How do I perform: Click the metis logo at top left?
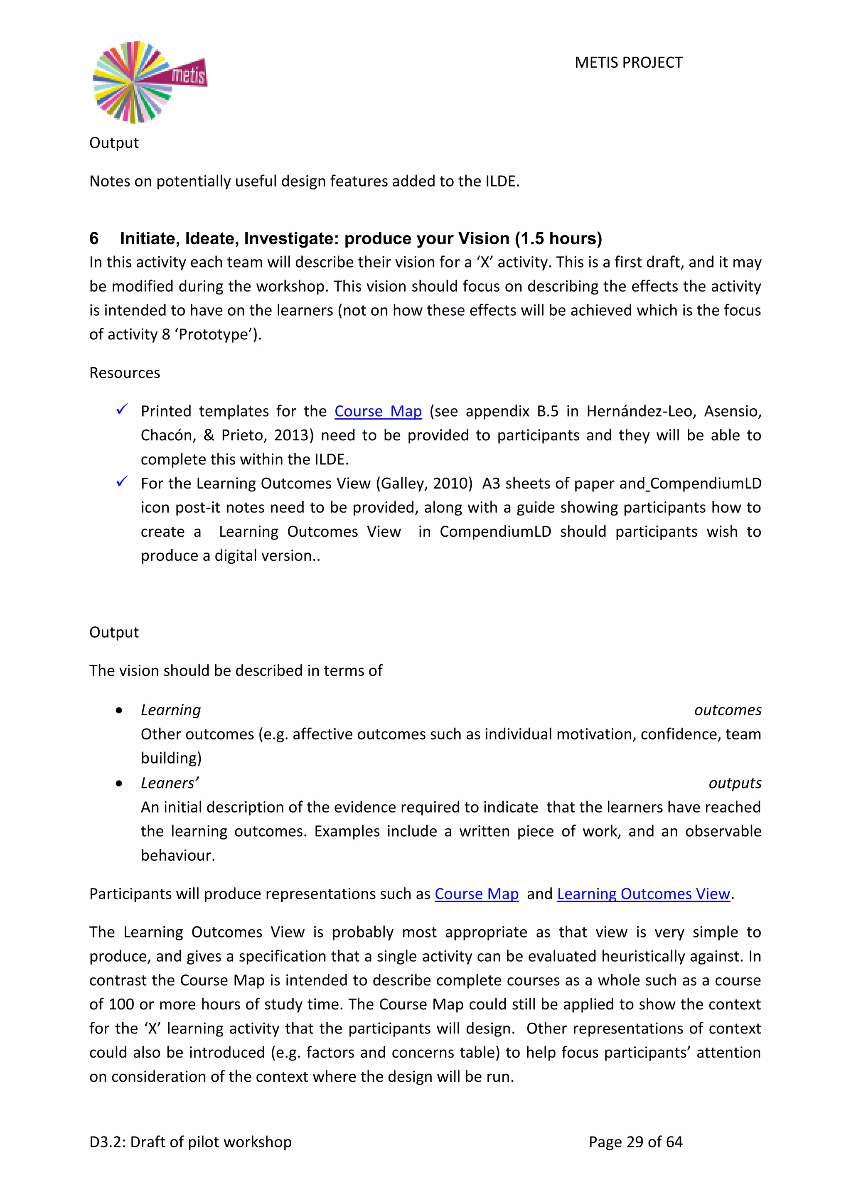tap(149, 82)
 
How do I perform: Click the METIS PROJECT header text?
tap(628, 62)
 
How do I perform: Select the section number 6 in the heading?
tap(94, 238)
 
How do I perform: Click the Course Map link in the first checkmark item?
tap(378, 411)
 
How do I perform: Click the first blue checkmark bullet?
tap(122, 409)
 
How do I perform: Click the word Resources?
tap(125, 373)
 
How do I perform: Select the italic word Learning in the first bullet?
tap(171, 710)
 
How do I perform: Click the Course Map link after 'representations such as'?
tap(476, 894)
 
